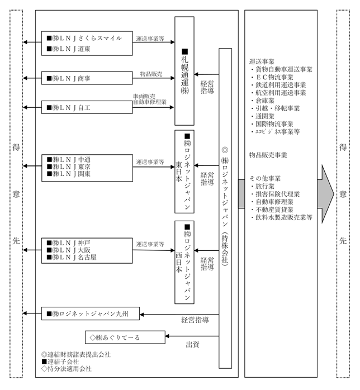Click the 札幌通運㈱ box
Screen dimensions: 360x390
[x=184, y=71]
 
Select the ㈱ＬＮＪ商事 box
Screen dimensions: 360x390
[x=87, y=78]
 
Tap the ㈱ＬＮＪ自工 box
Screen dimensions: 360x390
[x=87, y=107]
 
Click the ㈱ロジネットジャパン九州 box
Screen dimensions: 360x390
[x=91, y=313]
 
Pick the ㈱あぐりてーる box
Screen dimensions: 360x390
[x=125, y=337]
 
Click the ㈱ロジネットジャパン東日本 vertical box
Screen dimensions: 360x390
[x=184, y=172]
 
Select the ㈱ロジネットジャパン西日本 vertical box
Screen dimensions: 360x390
[x=184, y=263]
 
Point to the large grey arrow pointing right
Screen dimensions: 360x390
[x=326, y=194]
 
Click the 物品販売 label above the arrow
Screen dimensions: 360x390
[x=151, y=74]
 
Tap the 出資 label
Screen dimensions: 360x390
[x=192, y=345]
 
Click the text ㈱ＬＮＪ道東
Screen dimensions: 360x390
[x=69, y=49]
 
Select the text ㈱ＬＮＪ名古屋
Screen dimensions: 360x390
[x=72, y=257]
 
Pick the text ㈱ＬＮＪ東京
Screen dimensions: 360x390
[x=69, y=167]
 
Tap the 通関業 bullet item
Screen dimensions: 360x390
[x=263, y=116]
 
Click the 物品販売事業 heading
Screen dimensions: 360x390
[x=268, y=155]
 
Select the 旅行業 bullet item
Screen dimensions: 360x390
[x=263, y=186]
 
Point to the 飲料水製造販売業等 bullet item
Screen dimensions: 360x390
[x=281, y=217]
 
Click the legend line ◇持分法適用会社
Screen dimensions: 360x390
[x=67, y=369]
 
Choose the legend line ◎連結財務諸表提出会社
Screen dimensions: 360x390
[x=76, y=354]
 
